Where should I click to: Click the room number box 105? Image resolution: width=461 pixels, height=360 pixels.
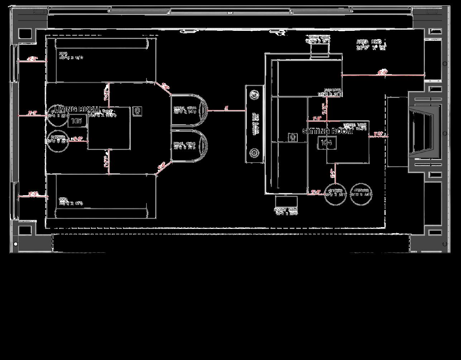coord(77,121)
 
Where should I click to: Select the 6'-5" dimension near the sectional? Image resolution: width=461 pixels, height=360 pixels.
coord(382,73)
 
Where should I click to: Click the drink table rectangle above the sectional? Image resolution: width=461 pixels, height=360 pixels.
coord(319,51)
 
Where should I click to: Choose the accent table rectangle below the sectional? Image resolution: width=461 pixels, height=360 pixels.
coord(286,201)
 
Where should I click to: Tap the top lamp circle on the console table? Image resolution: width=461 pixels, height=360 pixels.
coord(254,95)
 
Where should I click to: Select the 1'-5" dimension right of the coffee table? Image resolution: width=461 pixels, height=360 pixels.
coord(378,134)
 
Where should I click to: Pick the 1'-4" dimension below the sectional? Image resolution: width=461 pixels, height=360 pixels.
coord(316,192)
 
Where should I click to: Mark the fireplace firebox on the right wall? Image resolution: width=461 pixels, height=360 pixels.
coord(423,132)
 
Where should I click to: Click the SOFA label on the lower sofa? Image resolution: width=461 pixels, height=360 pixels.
coord(63,200)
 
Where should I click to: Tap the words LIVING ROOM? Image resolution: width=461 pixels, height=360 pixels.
coord(77,109)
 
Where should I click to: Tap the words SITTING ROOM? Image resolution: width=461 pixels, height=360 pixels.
coord(328,131)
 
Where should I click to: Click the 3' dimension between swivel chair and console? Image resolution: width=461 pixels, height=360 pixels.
coord(226,107)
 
